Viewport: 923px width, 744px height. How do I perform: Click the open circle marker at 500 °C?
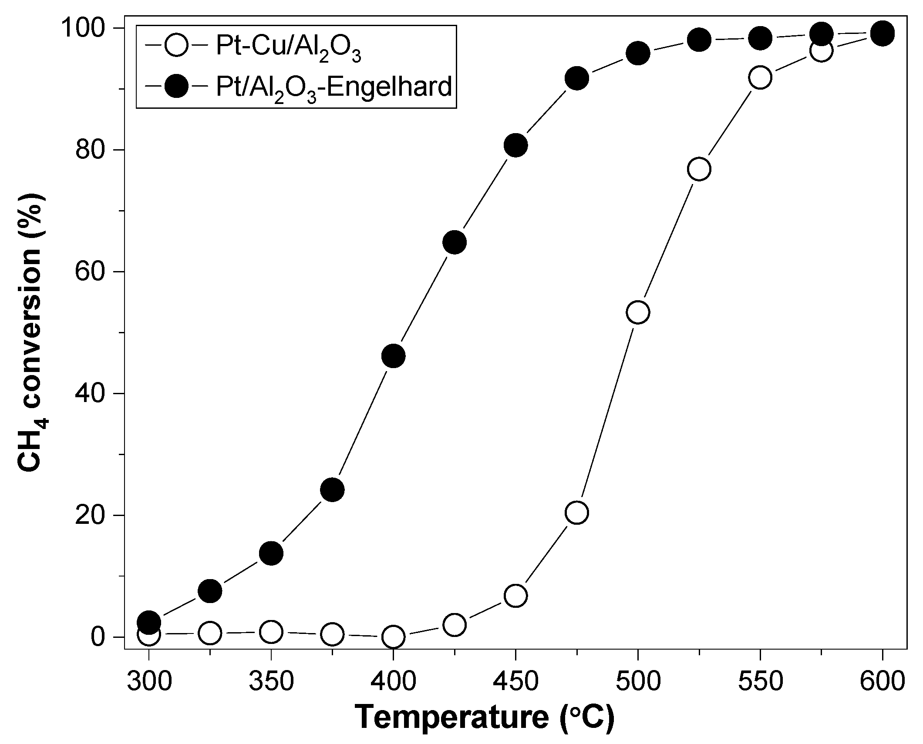[x=638, y=312]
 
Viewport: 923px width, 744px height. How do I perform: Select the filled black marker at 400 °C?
[x=393, y=356]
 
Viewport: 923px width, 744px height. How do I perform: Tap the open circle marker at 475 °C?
[x=577, y=513]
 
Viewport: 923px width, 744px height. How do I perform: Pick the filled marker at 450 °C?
[x=515, y=145]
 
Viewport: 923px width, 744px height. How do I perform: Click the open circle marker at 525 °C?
[x=699, y=169]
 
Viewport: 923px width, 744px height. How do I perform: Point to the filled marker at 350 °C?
[x=271, y=553]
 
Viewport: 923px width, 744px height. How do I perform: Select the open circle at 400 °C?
[x=393, y=637]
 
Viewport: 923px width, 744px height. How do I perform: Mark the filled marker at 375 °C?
[x=332, y=490]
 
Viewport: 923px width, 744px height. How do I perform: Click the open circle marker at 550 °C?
[x=760, y=77]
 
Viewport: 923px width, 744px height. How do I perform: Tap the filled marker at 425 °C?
[x=455, y=242]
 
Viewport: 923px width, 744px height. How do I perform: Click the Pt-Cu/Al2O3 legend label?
[x=288, y=49]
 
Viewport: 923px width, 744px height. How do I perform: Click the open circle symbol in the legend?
[x=176, y=46]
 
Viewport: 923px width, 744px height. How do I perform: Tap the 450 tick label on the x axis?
[x=515, y=681]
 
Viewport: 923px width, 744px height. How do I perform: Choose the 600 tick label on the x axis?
[x=882, y=681]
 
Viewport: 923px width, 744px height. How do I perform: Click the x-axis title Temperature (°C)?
[x=485, y=718]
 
